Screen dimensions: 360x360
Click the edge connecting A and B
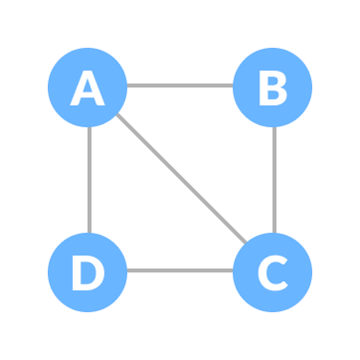click(x=179, y=86)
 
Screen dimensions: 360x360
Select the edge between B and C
click(x=273, y=179)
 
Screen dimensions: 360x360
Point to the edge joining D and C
click(x=179, y=270)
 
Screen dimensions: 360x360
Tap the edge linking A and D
click(x=89, y=179)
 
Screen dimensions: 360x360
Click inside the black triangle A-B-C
click(x=224, y=129)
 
